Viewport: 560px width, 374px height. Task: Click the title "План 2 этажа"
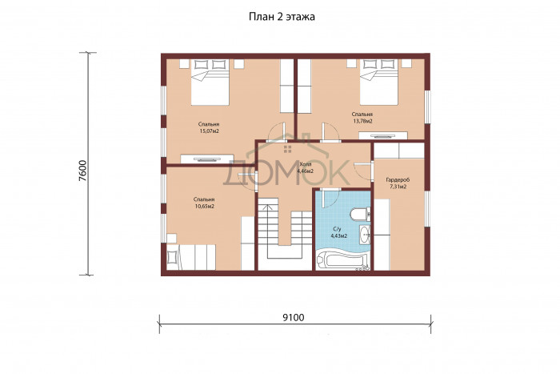282,17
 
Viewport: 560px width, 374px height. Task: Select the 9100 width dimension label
294,317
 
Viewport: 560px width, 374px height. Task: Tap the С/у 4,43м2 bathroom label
340,232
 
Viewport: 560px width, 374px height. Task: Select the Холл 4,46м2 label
306,167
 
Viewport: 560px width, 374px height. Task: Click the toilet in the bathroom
360,215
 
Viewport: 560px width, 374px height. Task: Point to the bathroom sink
365,235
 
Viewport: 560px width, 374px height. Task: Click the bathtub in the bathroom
342,260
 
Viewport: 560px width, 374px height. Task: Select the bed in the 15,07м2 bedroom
210,82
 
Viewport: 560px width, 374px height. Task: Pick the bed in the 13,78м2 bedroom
379,82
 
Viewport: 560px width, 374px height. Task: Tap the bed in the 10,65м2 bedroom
191,257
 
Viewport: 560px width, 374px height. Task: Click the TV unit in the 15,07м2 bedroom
207,159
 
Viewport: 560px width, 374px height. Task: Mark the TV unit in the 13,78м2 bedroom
383,135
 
